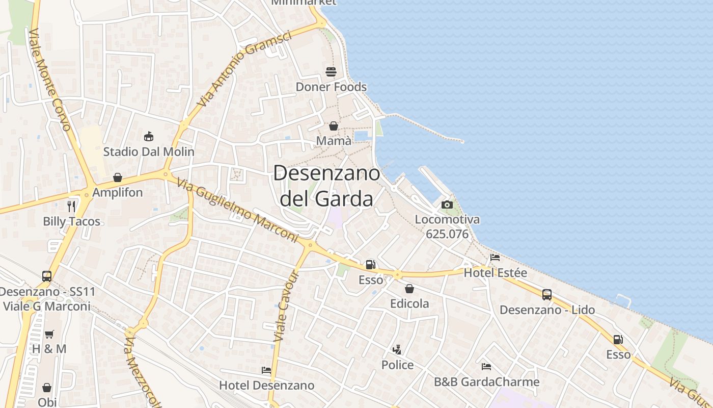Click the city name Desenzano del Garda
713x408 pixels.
click(x=326, y=186)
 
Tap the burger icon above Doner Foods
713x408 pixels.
click(x=331, y=72)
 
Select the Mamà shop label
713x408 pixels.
click(x=334, y=140)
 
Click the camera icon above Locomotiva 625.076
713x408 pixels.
click(x=447, y=205)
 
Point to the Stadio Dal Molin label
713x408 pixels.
click(x=149, y=151)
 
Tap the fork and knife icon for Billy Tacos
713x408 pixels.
click(x=71, y=207)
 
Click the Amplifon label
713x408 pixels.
click(x=118, y=193)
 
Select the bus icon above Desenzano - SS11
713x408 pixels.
click(x=47, y=276)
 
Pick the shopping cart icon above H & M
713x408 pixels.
click(x=49, y=335)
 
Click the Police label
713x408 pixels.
click(x=397, y=365)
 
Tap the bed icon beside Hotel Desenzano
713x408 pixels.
click(x=266, y=370)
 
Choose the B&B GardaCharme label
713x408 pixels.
click(x=486, y=381)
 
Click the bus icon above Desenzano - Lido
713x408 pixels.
click(x=547, y=295)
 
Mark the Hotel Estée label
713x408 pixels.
click(x=495, y=273)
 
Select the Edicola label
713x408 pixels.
click(x=409, y=303)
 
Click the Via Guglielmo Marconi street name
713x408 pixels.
click(x=238, y=210)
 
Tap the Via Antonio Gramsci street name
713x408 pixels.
click(x=244, y=68)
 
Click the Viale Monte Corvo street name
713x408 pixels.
click(x=49, y=79)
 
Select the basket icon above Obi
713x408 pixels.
click(x=47, y=388)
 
